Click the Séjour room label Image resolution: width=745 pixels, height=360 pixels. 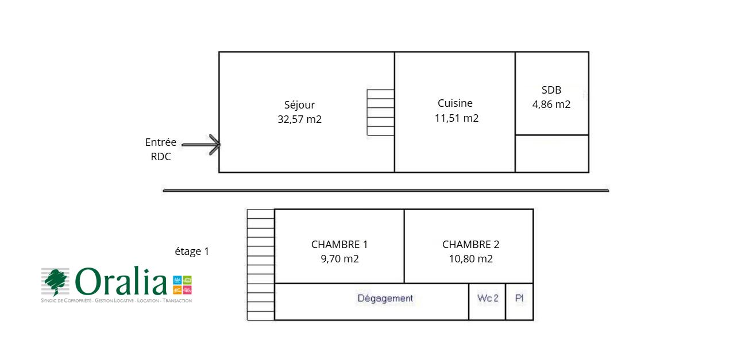[x=299, y=105]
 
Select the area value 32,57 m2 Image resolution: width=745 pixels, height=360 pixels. [x=299, y=119]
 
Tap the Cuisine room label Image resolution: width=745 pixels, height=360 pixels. [x=455, y=103]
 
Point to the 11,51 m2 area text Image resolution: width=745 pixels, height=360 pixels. [x=457, y=118]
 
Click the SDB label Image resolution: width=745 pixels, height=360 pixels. [x=551, y=90]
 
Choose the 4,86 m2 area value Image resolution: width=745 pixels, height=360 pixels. [x=551, y=104]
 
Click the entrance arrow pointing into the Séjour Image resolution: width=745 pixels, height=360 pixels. [x=207, y=145]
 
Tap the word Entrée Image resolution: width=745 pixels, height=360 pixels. [x=161, y=142]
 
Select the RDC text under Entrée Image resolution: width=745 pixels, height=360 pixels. [x=161, y=157]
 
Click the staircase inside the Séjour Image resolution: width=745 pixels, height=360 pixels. [x=380, y=113]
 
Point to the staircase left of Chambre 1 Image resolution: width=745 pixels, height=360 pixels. [x=261, y=265]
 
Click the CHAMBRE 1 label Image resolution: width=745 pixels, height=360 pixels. [x=339, y=244]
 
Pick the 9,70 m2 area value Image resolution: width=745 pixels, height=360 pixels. [x=339, y=258]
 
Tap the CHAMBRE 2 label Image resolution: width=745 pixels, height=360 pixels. [x=470, y=244]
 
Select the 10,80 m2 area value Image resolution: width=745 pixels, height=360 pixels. [x=470, y=258]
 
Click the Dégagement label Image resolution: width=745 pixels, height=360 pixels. [x=385, y=299]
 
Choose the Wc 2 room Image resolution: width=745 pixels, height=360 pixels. [x=488, y=299]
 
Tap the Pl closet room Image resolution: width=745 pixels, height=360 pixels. [x=519, y=299]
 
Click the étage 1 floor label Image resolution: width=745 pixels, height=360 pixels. [x=192, y=251]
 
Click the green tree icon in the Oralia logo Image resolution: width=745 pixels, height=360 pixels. [x=56, y=281]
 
